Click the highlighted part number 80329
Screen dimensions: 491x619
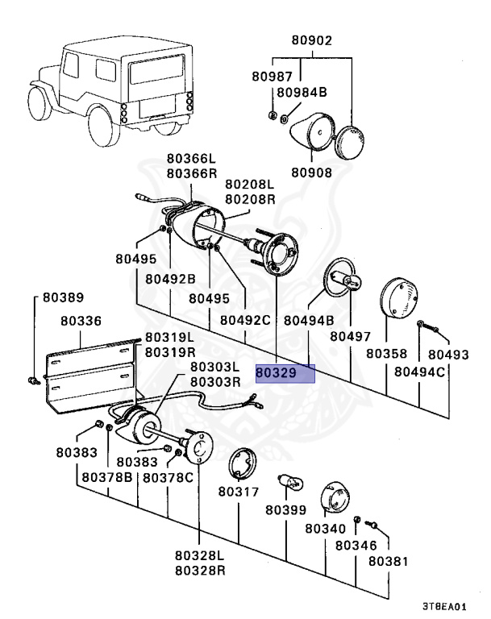276,372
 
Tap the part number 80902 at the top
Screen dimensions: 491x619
312,40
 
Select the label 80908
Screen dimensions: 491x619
312,172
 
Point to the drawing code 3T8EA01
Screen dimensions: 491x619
444,606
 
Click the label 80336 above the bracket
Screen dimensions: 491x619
81,321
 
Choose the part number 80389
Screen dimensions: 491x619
63,297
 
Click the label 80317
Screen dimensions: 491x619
239,492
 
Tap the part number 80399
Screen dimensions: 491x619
286,510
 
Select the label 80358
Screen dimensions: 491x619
386,353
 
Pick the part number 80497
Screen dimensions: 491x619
351,336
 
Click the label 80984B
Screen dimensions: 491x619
302,92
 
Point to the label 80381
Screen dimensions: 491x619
388,561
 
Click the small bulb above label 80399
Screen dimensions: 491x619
290,482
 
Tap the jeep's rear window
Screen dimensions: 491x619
157,69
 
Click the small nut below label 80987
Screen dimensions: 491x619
272,115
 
